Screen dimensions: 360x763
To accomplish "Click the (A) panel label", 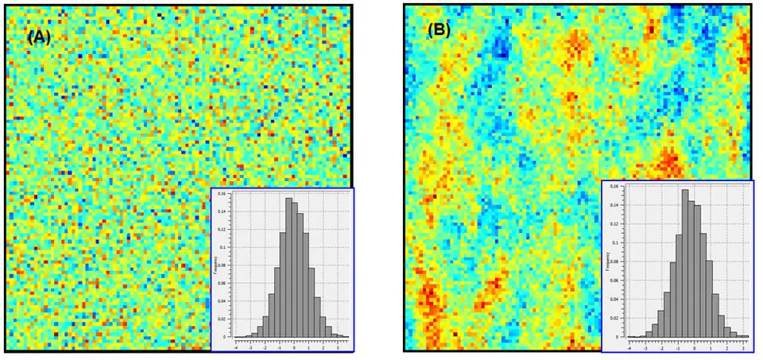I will (x=39, y=37).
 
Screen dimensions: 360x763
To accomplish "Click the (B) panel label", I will (x=440, y=30).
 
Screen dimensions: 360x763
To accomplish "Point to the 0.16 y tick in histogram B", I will (x=614, y=187).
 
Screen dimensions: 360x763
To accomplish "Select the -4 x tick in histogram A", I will (x=236, y=347).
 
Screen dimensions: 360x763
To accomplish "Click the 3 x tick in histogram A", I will (x=337, y=347).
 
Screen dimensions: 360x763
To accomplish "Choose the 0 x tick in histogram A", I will (x=294, y=347).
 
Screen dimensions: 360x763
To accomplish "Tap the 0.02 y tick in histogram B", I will (x=614, y=319).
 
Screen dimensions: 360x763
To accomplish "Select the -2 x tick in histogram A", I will (x=265, y=347).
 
